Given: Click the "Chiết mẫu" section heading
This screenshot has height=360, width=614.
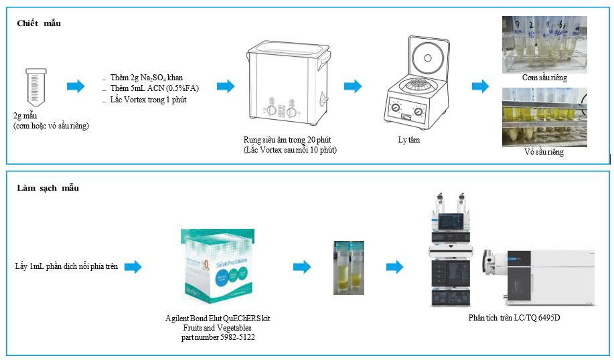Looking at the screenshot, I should click(39, 24).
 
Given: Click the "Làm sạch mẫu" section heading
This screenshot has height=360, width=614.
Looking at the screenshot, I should click(48, 188).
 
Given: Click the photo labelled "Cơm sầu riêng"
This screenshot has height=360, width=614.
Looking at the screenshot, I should click(544, 44).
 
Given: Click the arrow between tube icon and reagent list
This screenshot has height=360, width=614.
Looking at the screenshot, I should click(76, 86).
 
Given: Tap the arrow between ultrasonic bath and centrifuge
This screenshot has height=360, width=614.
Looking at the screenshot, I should click(353, 86).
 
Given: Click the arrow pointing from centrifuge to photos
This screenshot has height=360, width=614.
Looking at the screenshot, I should click(480, 86).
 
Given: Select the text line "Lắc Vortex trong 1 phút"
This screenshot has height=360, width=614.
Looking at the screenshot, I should click(148, 100).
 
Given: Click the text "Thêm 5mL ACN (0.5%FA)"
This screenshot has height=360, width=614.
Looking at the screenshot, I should click(154, 88).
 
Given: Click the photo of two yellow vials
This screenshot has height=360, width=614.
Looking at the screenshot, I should click(349, 268).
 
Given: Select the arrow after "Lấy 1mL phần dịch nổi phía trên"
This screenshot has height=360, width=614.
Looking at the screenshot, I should click(133, 267).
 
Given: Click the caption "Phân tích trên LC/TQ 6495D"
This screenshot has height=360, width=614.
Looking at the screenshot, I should click(514, 317).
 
